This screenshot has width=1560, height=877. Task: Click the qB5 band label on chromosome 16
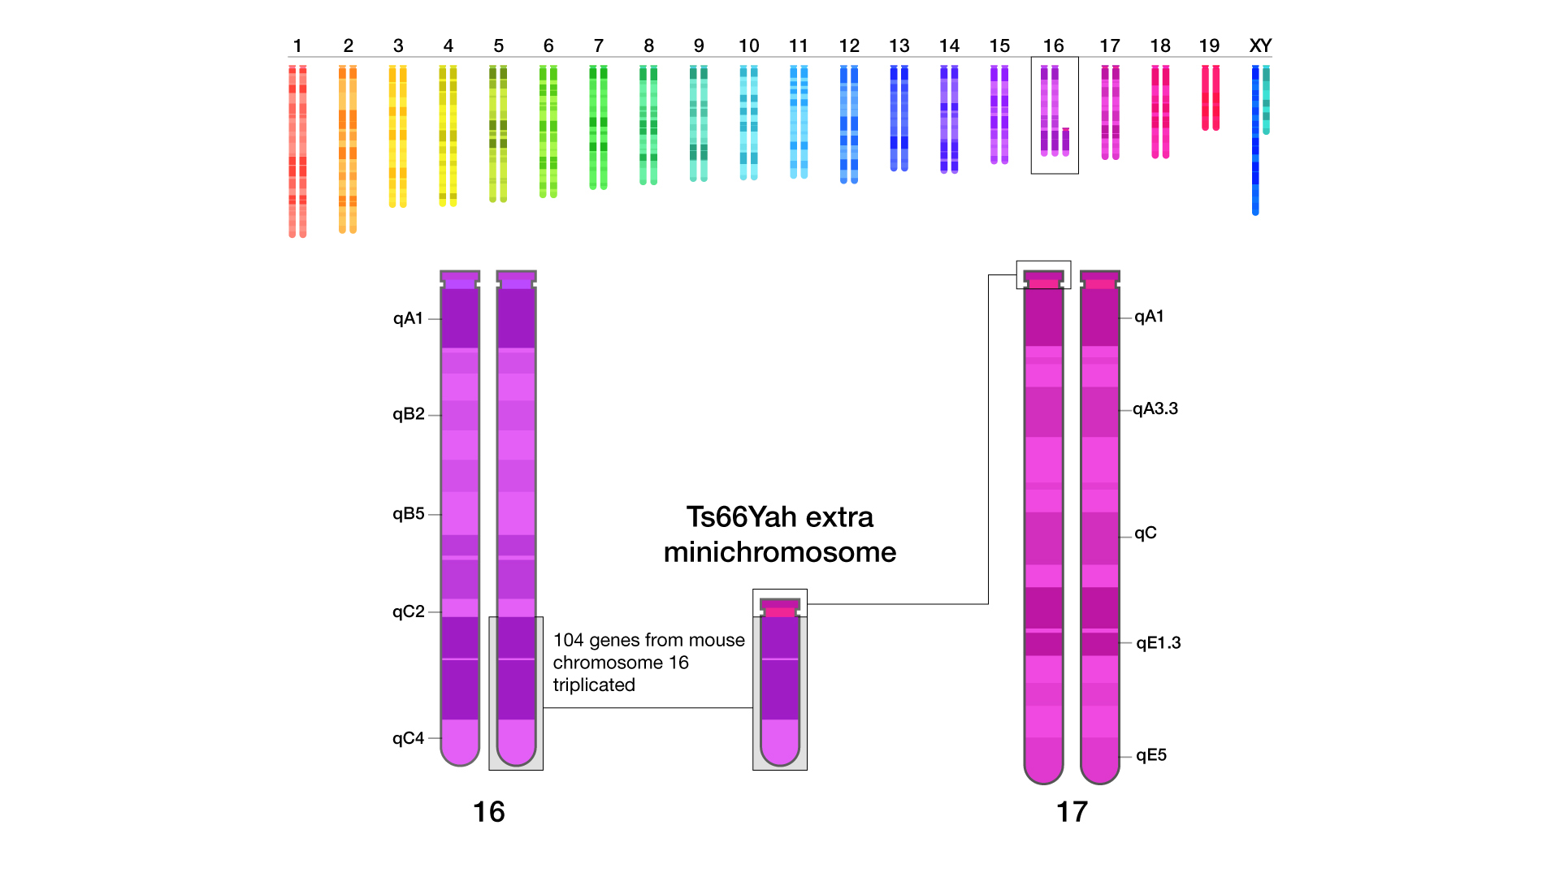(x=408, y=514)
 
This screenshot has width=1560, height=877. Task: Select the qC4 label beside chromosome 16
(x=408, y=738)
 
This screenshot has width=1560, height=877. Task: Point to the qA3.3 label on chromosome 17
(x=1155, y=408)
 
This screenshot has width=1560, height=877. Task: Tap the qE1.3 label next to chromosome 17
(x=1158, y=643)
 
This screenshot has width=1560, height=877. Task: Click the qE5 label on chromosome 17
(x=1151, y=755)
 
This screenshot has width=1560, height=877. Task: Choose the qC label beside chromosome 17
(x=1146, y=534)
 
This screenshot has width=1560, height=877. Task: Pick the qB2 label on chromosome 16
(x=408, y=414)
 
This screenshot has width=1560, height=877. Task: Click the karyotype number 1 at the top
(x=297, y=46)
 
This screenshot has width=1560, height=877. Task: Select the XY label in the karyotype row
(x=1260, y=46)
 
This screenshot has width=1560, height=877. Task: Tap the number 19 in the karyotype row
(x=1209, y=46)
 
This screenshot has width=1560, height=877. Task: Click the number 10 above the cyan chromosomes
(x=748, y=46)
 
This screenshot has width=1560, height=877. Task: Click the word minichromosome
(x=780, y=552)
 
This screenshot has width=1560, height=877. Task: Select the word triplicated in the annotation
(x=594, y=685)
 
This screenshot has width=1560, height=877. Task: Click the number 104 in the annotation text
(x=569, y=641)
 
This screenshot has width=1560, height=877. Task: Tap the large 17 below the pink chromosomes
(x=1072, y=812)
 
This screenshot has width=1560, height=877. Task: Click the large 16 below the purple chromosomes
(x=489, y=812)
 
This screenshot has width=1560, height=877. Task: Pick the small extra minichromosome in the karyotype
(x=1066, y=141)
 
